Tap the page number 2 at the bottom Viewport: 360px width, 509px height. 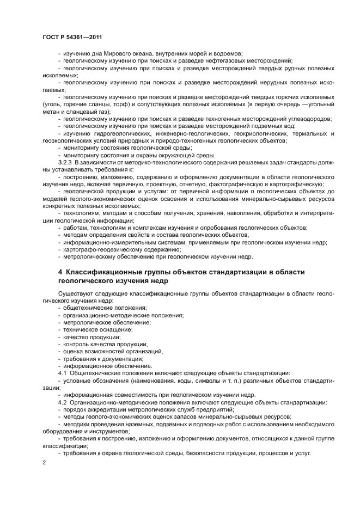[x=44, y=462]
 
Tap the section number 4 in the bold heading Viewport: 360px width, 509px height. [x=60, y=272]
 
